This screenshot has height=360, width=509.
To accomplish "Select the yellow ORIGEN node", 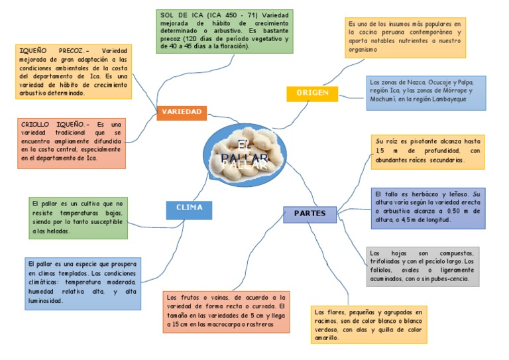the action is (312, 93).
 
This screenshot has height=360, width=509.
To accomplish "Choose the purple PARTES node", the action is (310, 213).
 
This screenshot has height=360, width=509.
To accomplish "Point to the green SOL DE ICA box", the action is (225, 31).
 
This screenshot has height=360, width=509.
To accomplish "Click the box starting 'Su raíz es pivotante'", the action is (427, 151).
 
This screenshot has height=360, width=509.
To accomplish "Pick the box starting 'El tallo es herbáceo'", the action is (427, 207).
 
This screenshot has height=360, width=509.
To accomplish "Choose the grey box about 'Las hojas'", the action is (422, 266).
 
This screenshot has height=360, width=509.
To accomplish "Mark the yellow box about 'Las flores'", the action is (369, 324).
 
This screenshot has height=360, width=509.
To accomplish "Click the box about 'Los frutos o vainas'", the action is (225, 311).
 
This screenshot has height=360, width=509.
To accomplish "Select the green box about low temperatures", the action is (78, 217).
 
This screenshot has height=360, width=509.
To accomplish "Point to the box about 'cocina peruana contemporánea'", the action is (404, 37).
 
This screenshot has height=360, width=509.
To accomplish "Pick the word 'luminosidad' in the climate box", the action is (45, 301).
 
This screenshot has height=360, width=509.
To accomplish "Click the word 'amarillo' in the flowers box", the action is (327, 337).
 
